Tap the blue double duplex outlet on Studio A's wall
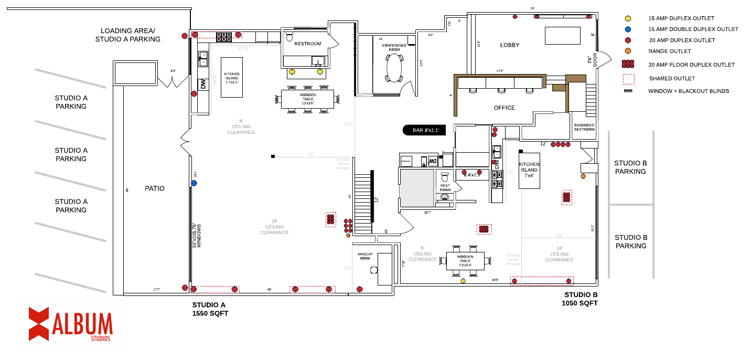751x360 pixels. [x=194, y=183]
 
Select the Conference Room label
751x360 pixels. [x=394, y=47]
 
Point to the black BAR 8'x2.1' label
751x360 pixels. [x=424, y=130]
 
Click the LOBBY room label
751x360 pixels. [x=509, y=45]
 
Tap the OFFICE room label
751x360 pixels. [x=504, y=108]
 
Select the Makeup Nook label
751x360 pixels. [x=365, y=256]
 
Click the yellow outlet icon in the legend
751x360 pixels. [x=628, y=18]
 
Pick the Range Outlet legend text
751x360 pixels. [x=669, y=51]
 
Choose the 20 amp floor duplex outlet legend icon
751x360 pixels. [x=628, y=65]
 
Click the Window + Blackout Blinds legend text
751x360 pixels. [x=688, y=91]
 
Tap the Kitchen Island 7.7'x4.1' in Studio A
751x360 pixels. [x=231, y=78]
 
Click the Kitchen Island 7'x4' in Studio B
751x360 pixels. [x=529, y=170]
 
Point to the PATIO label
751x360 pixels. [x=155, y=188]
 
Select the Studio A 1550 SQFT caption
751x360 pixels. [x=210, y=309]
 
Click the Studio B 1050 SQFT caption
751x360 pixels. [x=580, y=299]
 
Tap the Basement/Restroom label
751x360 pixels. [x=584, y=128]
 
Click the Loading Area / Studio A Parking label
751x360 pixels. [x=128, y=35]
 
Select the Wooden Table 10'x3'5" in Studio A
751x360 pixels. [x=308, y=99]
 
